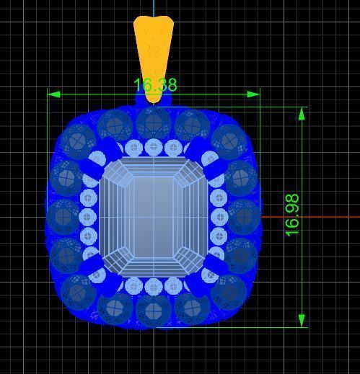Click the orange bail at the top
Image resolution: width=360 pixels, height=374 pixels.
pos(153,50)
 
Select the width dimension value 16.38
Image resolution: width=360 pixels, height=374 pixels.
pos(155,85)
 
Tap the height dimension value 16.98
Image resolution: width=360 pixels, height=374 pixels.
pos(292,215)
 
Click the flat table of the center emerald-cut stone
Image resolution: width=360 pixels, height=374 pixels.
pos(153,216)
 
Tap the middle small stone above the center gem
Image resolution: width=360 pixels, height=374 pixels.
pos(153,148)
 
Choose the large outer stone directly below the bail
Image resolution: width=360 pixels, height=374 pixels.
pos(153,123)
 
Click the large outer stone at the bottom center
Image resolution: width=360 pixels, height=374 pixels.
pos(153,311)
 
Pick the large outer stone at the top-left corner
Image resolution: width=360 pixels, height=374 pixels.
pos(76,141)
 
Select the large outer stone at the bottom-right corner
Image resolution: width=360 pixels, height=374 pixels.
pos(229,290)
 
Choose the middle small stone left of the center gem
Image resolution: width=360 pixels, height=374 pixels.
pos(89,216)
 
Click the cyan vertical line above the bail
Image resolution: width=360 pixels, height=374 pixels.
pos(154,7)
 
